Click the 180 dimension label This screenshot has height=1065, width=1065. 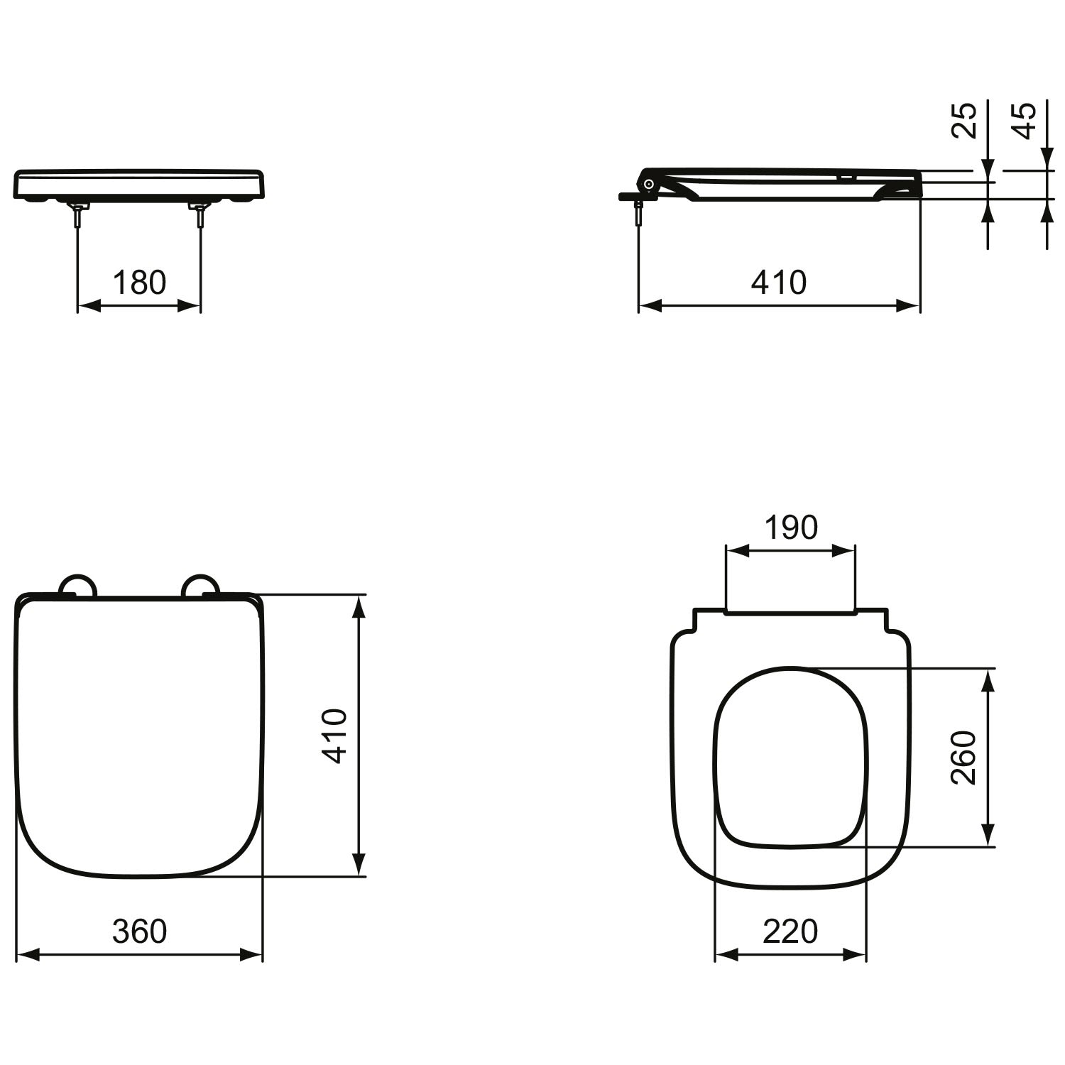tap(140, 283)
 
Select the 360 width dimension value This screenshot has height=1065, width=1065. tap(140, 931)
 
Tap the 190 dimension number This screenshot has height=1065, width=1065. tap(791, 528)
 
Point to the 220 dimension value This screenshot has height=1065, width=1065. tap(791, 931)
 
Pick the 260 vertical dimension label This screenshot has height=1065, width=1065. tap(964, 758)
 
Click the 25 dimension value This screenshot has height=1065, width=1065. tap(964, 120)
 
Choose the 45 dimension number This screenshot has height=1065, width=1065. tap(1023, 120)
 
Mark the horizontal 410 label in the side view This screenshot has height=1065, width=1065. tap(779, 283)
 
